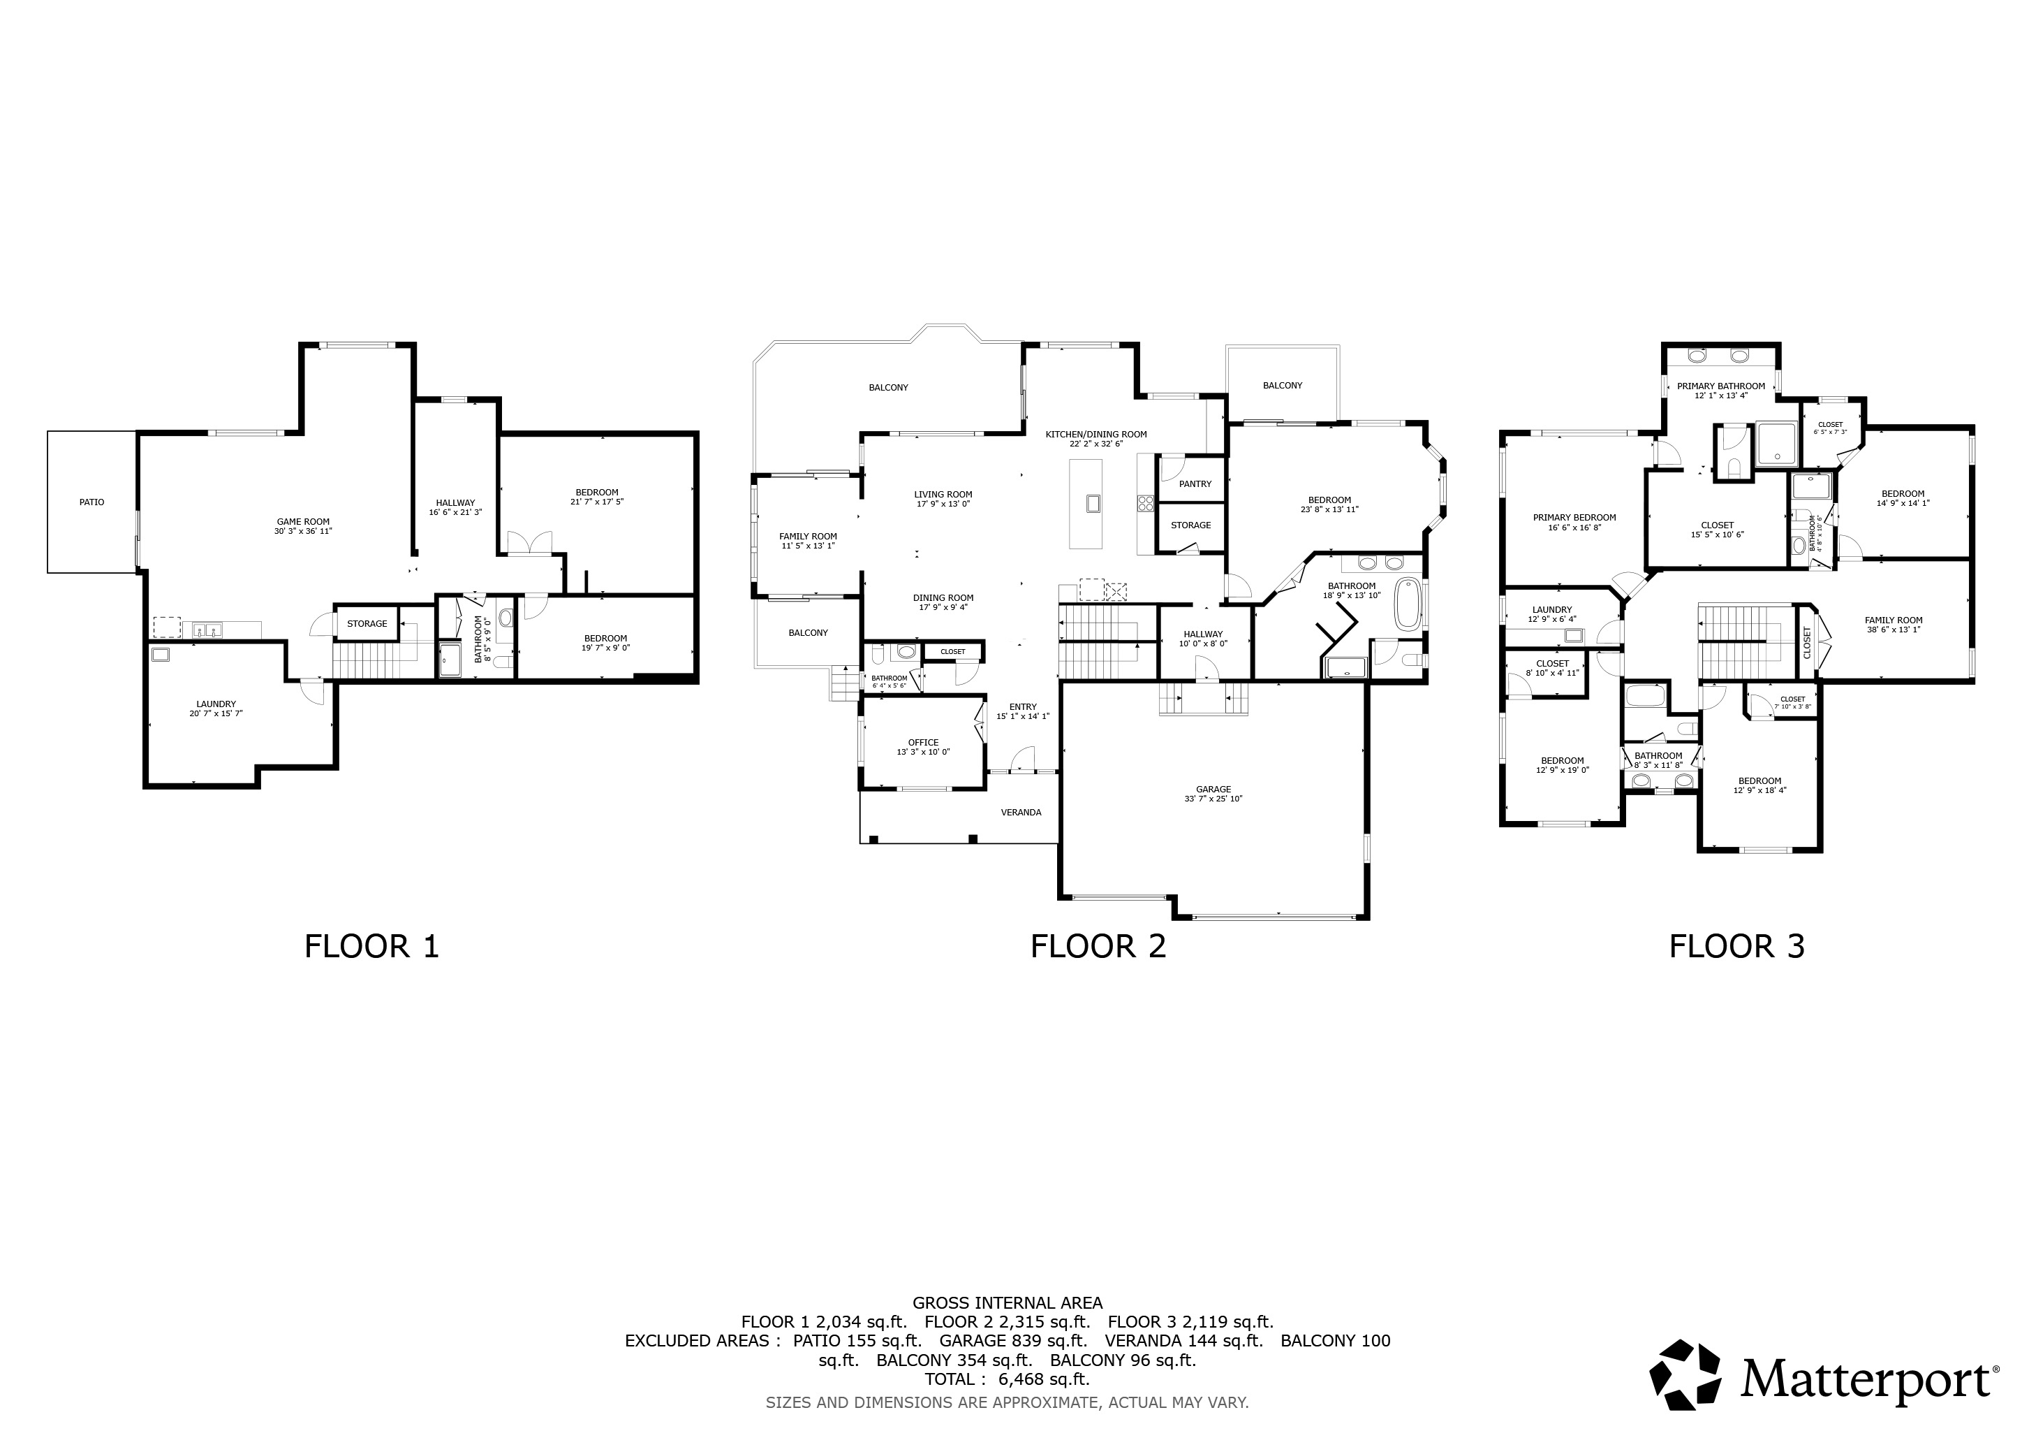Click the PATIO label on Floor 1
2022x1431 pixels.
click(x=91, y=502)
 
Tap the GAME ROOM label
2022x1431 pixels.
click(x=303, y=522)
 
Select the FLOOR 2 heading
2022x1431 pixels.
click(x=1098, y=946)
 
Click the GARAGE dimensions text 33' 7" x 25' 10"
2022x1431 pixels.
click(x=1213, y=799)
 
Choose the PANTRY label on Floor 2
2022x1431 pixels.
click(x=1195, y=484)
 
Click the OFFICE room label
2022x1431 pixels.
click(x=923, y=743)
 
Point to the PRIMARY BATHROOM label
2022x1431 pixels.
click(x=1721, y=386)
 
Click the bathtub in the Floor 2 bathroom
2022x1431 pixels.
click(x=1408, y=604)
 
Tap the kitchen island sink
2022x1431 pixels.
click(x=1093, y=503)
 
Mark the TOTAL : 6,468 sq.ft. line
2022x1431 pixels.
click(x=1007, y=1379)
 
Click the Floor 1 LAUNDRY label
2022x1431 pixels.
click(x=216, y=704)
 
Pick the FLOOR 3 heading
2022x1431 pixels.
click(x=1736, y=946)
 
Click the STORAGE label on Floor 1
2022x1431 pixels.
click(x=367, y=624)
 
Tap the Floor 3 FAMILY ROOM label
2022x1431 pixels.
click(x=1894, y=620)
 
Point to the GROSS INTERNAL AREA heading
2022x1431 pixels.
click(x=1007, y=1302)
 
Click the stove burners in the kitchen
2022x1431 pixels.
click(x=1146, y=503)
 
